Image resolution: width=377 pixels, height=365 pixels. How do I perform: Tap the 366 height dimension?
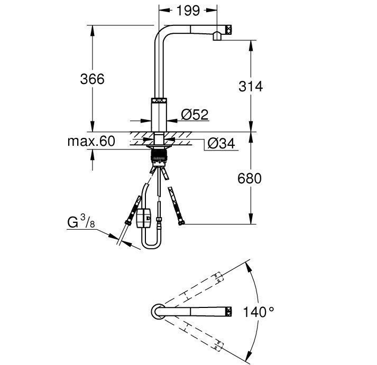pos(92,79)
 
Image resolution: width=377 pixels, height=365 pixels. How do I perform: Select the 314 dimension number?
pos(250,86)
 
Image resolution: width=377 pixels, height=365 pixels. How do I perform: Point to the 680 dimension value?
pos(250,179)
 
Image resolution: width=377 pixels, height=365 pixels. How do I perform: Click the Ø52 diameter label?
pos(195,114)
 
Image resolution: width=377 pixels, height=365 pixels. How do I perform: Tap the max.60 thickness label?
pos(91,141)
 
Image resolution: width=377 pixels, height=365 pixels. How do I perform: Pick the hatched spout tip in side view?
pos(229,30)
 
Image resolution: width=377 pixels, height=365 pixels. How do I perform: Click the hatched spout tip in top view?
pos(229,311)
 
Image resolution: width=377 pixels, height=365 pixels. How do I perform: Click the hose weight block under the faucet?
pos(144,218)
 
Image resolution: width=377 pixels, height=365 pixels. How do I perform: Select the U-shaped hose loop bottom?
pos(151,248)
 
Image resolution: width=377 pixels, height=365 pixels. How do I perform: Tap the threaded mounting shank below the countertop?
pos(158,157)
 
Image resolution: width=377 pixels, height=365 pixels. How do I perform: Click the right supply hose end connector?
pos(181,224)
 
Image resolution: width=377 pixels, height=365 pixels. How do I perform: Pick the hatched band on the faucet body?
pos(159,100)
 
